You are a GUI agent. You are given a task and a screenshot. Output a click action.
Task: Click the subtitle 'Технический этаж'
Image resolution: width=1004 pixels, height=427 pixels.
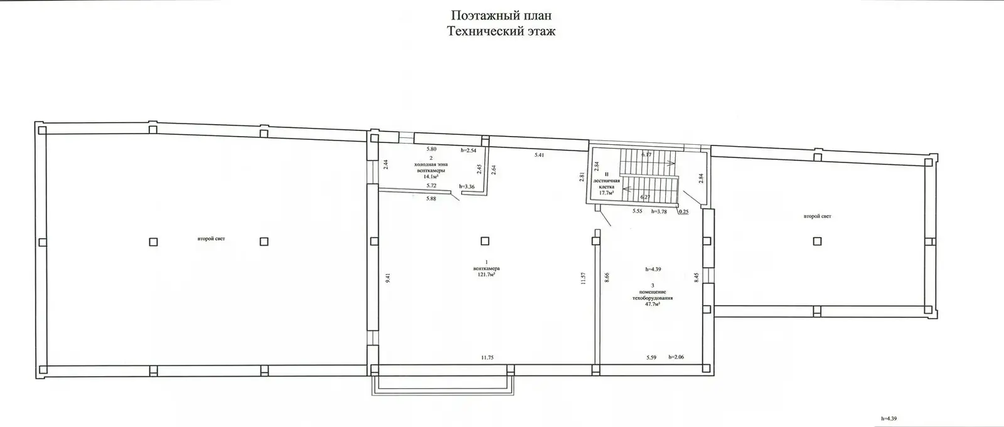(501, 31)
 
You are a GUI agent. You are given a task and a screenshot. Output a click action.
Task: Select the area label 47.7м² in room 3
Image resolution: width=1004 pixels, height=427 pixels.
(653, 303)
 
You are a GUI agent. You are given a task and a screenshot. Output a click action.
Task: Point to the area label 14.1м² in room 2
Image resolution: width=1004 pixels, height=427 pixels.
(430, 177)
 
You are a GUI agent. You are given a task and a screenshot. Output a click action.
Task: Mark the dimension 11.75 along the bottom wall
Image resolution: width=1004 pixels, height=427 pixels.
(487, 357)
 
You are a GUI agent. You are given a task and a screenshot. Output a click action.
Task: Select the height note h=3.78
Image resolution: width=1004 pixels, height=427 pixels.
(660, 211)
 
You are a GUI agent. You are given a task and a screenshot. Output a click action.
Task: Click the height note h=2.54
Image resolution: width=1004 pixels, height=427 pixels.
(469, 150)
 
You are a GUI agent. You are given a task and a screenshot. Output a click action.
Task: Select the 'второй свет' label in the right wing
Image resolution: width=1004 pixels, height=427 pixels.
(817, 216)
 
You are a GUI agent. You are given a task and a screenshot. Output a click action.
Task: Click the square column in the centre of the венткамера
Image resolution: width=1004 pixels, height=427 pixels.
(484, 241)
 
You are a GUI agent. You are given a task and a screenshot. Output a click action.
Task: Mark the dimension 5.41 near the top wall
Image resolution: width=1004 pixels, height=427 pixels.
(538, 154)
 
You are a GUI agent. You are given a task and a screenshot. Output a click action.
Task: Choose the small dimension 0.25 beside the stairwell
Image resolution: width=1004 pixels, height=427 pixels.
(683, 211)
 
